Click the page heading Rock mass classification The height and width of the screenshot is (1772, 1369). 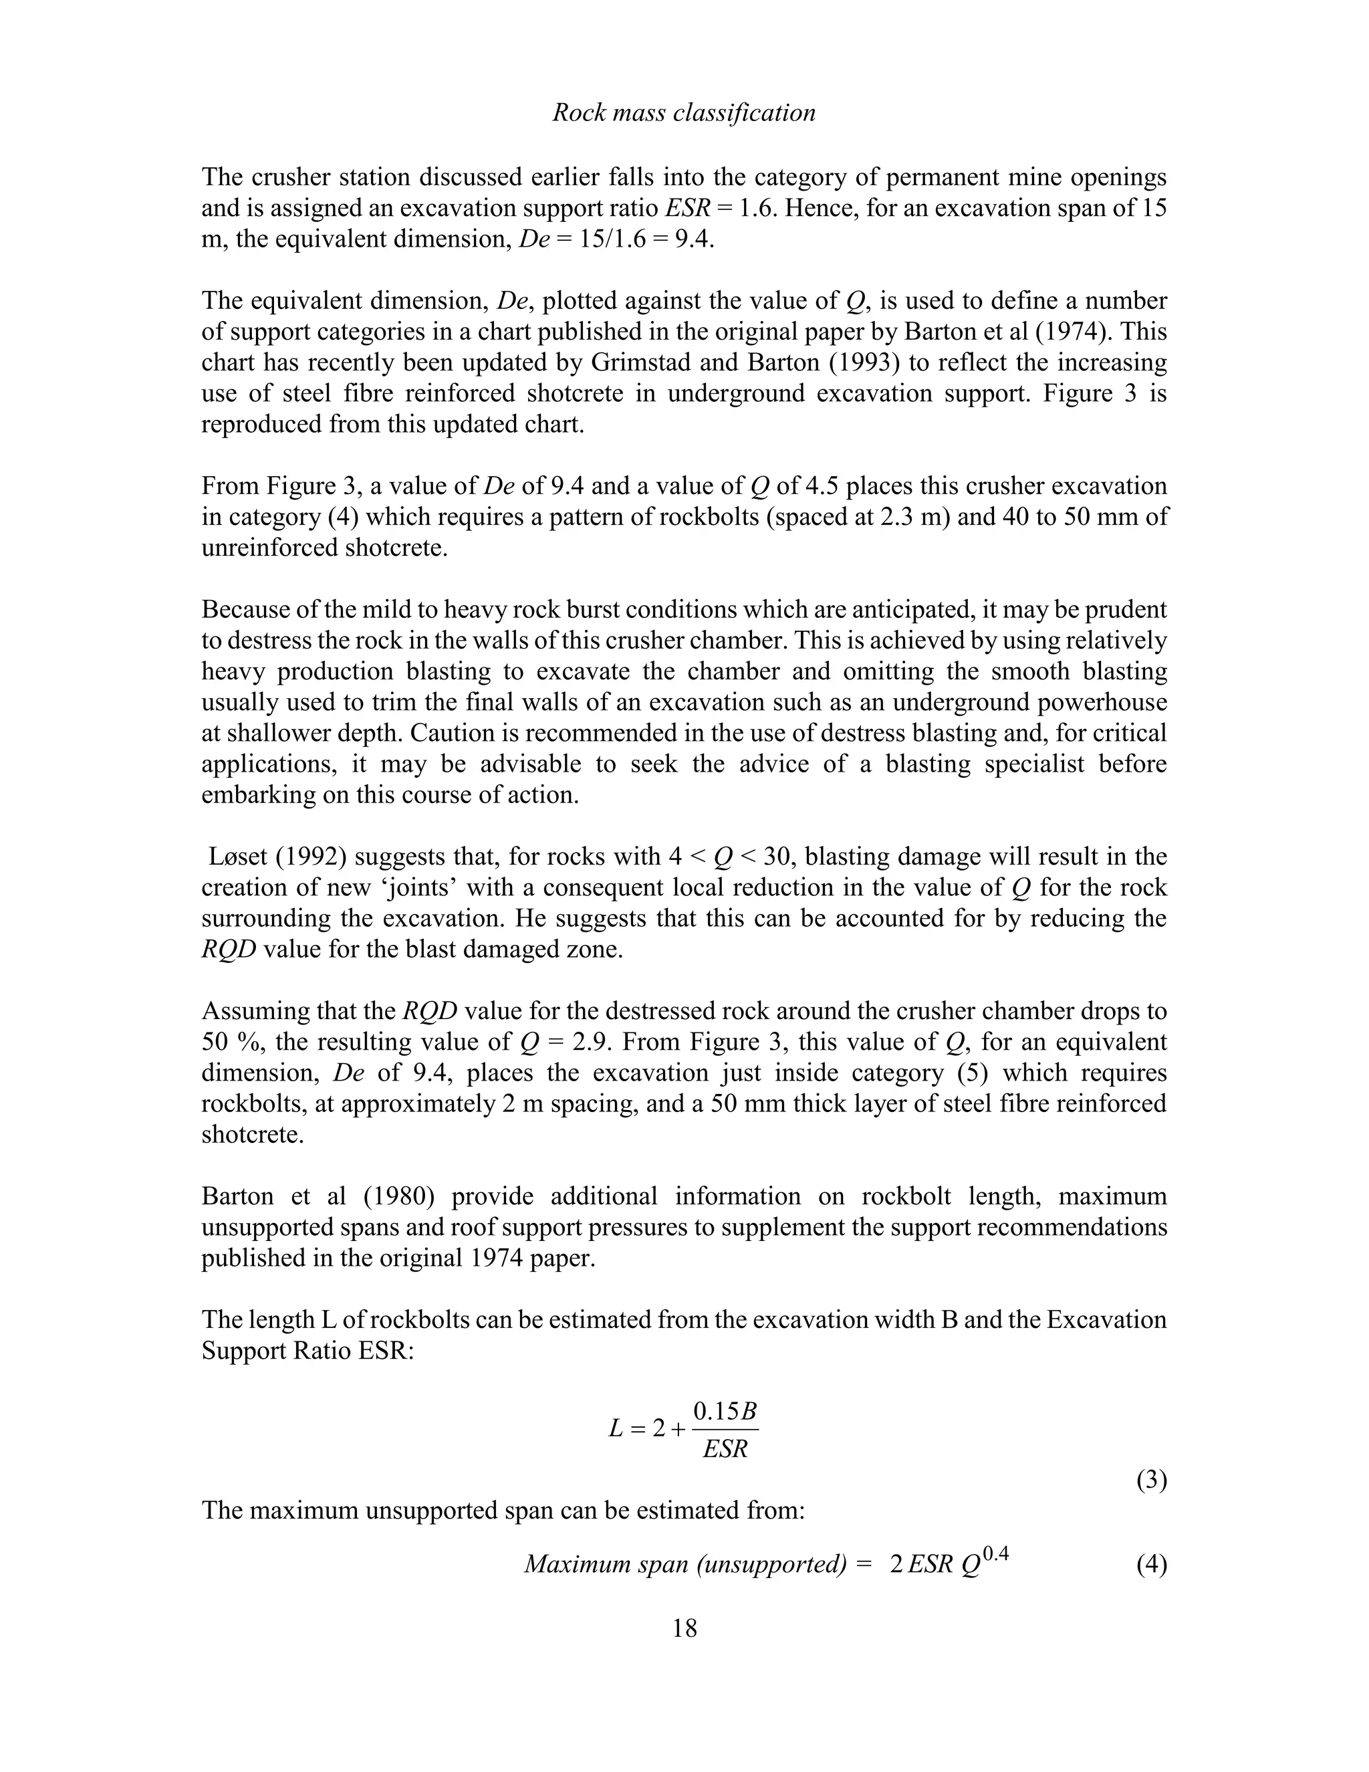point(684,113)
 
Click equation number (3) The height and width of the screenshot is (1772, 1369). point(1151,1480)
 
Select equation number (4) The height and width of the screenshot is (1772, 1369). point(1151,1563)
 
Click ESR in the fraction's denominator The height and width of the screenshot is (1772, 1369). point(725,1449)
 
